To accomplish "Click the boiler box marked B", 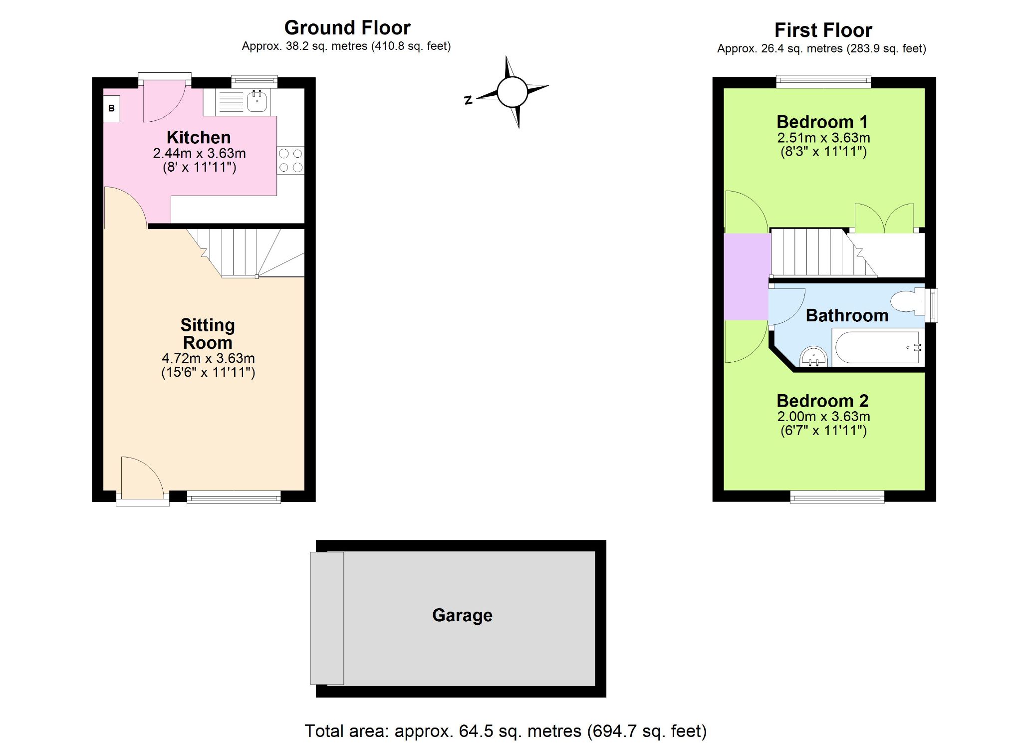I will tap(111, 108).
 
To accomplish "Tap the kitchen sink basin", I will tap(257, 102).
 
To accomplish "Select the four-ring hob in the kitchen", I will tap(290, 160).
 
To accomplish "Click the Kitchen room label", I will tap(199, 137).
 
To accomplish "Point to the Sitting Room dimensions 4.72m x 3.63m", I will tap(208, 358).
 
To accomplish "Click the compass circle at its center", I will tap(512, 92).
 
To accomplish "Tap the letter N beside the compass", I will tap(468, 100).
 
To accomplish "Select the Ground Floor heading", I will tap(347, 27).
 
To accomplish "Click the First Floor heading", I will tap(823, 30).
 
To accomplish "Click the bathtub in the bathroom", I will tap(877, 347).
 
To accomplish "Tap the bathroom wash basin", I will tap(814, 357).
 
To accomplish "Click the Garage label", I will tap(462, 615).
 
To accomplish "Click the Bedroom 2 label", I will tap(822, 401).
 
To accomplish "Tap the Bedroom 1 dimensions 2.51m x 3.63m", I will tap(823, 138).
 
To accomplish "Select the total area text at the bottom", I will tap(506, 731).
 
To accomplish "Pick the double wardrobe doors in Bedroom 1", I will tap(884, 218).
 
